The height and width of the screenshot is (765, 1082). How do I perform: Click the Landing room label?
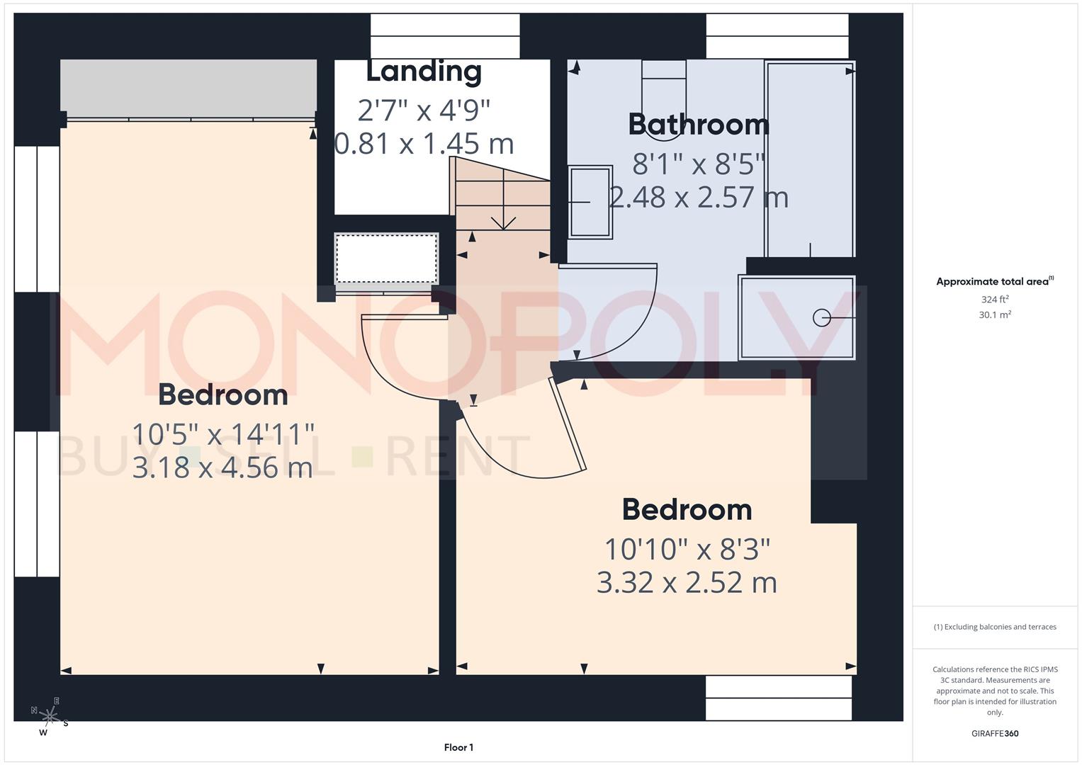(424, 71)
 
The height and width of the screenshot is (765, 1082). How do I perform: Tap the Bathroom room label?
(698, 125)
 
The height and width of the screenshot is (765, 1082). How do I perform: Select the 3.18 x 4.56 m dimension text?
(222, 467)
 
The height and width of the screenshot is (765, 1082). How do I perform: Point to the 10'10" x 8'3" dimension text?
(687, 549)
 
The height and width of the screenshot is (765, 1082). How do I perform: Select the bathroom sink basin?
(590, 203)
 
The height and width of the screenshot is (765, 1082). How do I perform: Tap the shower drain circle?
(821, 318)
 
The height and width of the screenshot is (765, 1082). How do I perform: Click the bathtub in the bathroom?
(810, 159)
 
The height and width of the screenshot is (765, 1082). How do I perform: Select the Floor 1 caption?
(458, 747)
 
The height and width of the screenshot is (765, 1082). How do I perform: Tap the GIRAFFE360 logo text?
(994, 733)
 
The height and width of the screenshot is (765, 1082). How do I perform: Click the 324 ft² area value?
(994, 300)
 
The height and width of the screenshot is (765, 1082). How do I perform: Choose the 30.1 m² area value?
(994, 315)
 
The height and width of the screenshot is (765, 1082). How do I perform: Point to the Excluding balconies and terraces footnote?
(994, 627)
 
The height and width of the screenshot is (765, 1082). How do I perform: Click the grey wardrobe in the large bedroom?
(188, 88)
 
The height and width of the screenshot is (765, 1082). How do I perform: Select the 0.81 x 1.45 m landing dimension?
(424, 144)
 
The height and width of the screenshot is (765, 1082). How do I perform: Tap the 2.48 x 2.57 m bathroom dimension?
(698, 198)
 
